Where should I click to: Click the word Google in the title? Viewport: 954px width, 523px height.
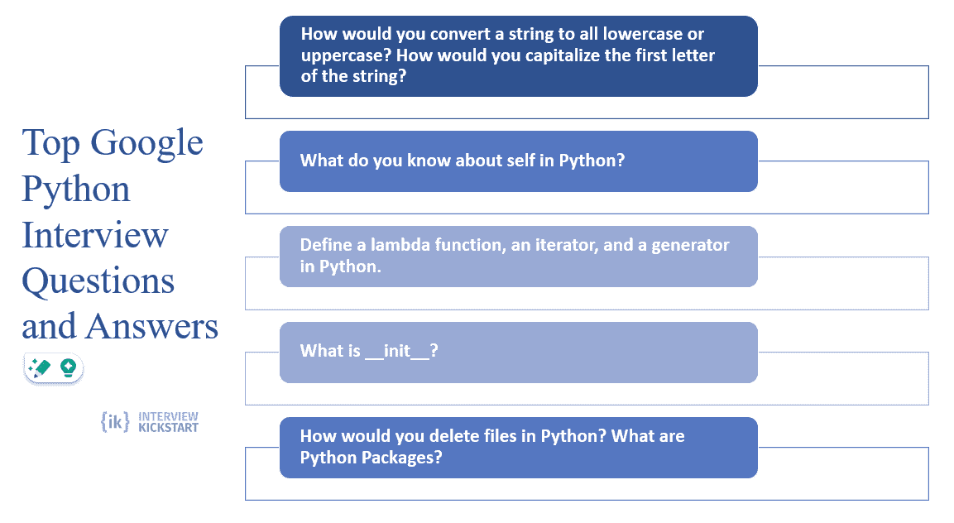(x=146, y=144)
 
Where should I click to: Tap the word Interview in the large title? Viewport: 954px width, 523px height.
(x=95, y=235)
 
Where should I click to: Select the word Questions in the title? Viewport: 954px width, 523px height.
(x=98, y=282)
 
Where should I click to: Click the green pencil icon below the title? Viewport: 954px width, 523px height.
(x=40, y=367)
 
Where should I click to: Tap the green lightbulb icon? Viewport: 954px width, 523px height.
(x=68, y=367)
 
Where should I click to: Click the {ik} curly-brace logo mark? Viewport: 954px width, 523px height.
(x=115, y=421)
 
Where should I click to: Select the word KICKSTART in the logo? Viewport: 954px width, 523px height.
(x=169, y=427)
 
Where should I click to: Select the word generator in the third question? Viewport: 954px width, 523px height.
(x=690, y=246)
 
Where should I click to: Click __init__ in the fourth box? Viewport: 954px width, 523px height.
(x=397, y=352)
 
